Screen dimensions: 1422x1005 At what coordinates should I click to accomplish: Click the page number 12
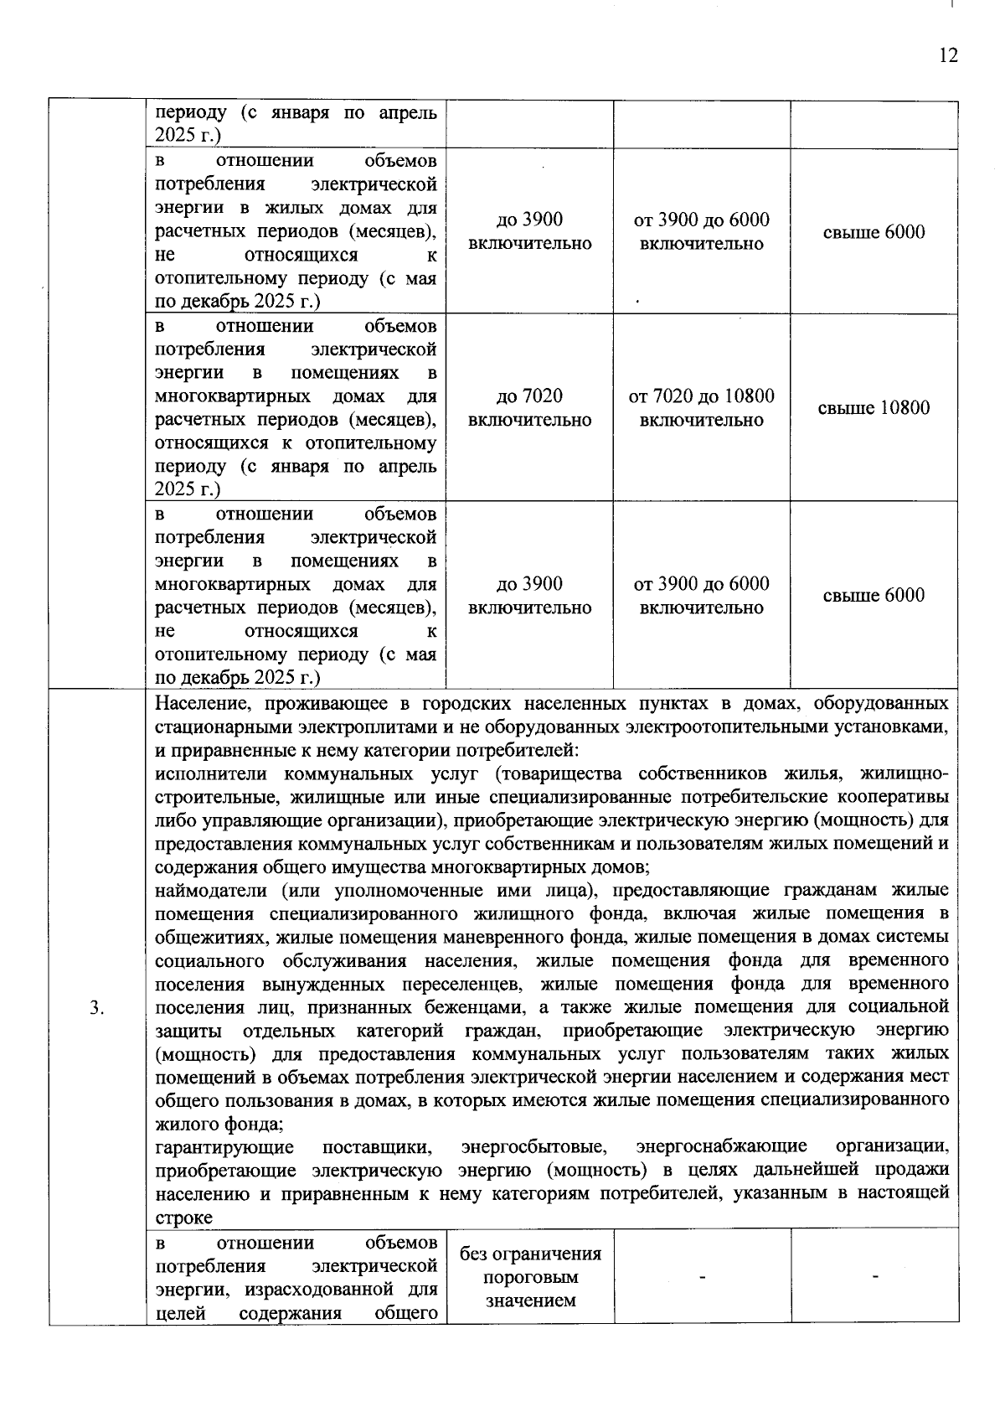pyautogui.click(x=948, y=55)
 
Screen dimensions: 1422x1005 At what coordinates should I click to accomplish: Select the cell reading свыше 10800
pyautogui.click(x=874, y=408)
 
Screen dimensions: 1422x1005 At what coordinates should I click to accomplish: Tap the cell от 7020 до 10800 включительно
pyautogui.click(x=702, y=408)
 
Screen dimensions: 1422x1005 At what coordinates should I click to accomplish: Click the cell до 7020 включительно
pyautogui.click(x=529, y=408)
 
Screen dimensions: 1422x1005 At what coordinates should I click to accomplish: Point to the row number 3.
pyautogui.click(x=96, y=1007)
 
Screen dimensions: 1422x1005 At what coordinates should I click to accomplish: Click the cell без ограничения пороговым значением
pyautogui.click(x=530, y=1277)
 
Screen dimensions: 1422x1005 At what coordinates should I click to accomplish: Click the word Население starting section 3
pyautogui.click(x=198, y=702)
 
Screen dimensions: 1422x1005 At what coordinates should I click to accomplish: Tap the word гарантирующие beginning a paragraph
pyautogui.click(x=224, y=1145)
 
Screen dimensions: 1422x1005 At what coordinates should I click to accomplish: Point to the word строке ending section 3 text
pyautogui.click(x=183, y=1216)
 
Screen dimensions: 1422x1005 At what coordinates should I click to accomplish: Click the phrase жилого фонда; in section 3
pyautogui.click(x=219, y=1123)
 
